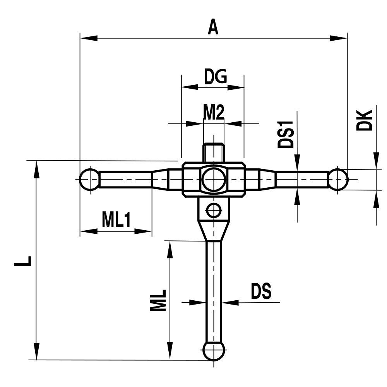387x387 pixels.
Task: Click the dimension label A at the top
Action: [213, 27]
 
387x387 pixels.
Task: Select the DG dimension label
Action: [215, 78]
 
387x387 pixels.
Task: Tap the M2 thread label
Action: [214, 113]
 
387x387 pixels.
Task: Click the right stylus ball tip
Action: [339, 180]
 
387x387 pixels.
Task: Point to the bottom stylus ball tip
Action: [213, 351]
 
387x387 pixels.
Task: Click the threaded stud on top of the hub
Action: [214, 152]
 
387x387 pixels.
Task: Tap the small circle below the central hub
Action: [213, 211]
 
